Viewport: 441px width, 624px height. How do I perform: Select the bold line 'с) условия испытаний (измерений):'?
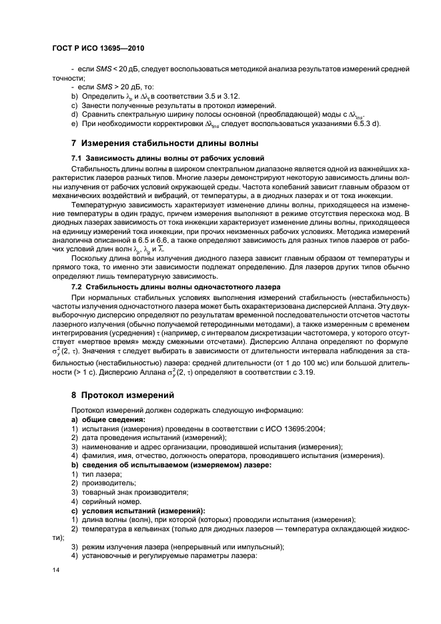click(137, 510)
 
